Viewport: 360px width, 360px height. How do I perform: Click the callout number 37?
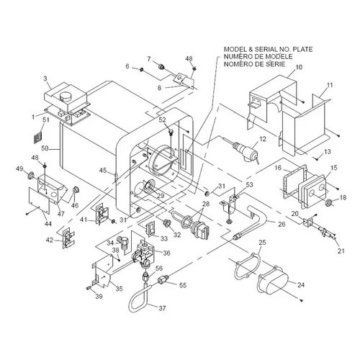[x=162, y=307]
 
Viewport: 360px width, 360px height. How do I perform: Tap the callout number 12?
[x=263, y=139]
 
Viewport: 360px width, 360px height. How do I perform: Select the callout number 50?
[x=45, y=148]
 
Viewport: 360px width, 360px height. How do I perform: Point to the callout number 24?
[x=301, y=284]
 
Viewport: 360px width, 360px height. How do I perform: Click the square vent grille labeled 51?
[x=37, y=138]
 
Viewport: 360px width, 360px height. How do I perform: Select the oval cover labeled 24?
[x=273, y=282]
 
